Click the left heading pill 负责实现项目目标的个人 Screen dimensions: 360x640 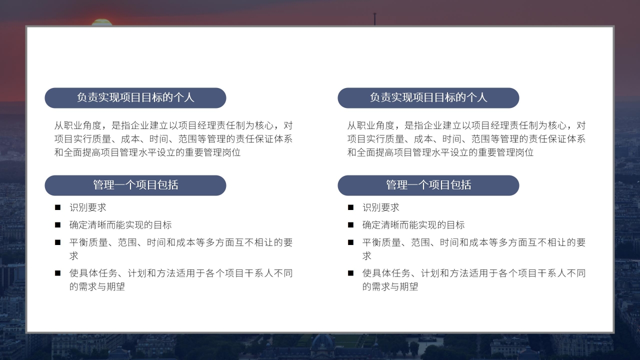[x=135, y=98]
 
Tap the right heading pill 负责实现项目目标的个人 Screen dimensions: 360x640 [x=428, y=98]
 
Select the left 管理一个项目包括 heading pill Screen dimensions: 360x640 [x=135, y=185]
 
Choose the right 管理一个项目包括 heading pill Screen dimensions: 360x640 [x=428, y=185]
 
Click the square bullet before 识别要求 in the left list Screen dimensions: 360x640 [x=57, y=207]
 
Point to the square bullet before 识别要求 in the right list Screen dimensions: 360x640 [x=350, y=207]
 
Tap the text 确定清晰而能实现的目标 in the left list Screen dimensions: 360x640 [x=120, y=225]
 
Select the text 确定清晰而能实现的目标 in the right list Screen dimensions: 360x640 [x=413, y=225]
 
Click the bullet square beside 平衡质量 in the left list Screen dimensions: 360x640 [x=57, y=242]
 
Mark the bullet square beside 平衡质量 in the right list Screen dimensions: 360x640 [x=350, y=242]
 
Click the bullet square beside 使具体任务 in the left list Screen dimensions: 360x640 [x=57, y=273]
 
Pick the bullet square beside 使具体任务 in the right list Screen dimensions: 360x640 [x=350, y=273]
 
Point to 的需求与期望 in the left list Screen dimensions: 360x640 [x=97, y=286]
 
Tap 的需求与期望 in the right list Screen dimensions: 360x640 [x=390, y=286]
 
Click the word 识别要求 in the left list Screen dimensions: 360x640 [x=87, y=207]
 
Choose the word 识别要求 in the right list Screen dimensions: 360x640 [x=380, y=207]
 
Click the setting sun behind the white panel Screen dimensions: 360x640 [x=101, y=22]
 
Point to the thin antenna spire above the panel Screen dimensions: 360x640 [x=374, y=19]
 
